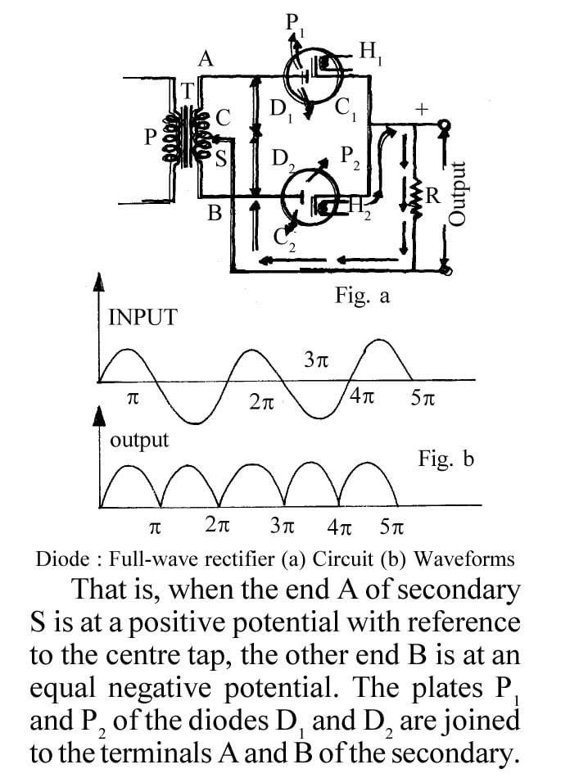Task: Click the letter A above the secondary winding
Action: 206,58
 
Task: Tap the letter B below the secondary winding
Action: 215,215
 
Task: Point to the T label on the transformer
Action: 188,92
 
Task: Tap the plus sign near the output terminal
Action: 422,107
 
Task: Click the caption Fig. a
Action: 362,296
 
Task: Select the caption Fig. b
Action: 446,459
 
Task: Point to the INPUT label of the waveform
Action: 142,318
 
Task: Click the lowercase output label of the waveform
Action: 139,440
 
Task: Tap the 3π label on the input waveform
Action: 316,360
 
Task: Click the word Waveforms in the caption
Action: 464,559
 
